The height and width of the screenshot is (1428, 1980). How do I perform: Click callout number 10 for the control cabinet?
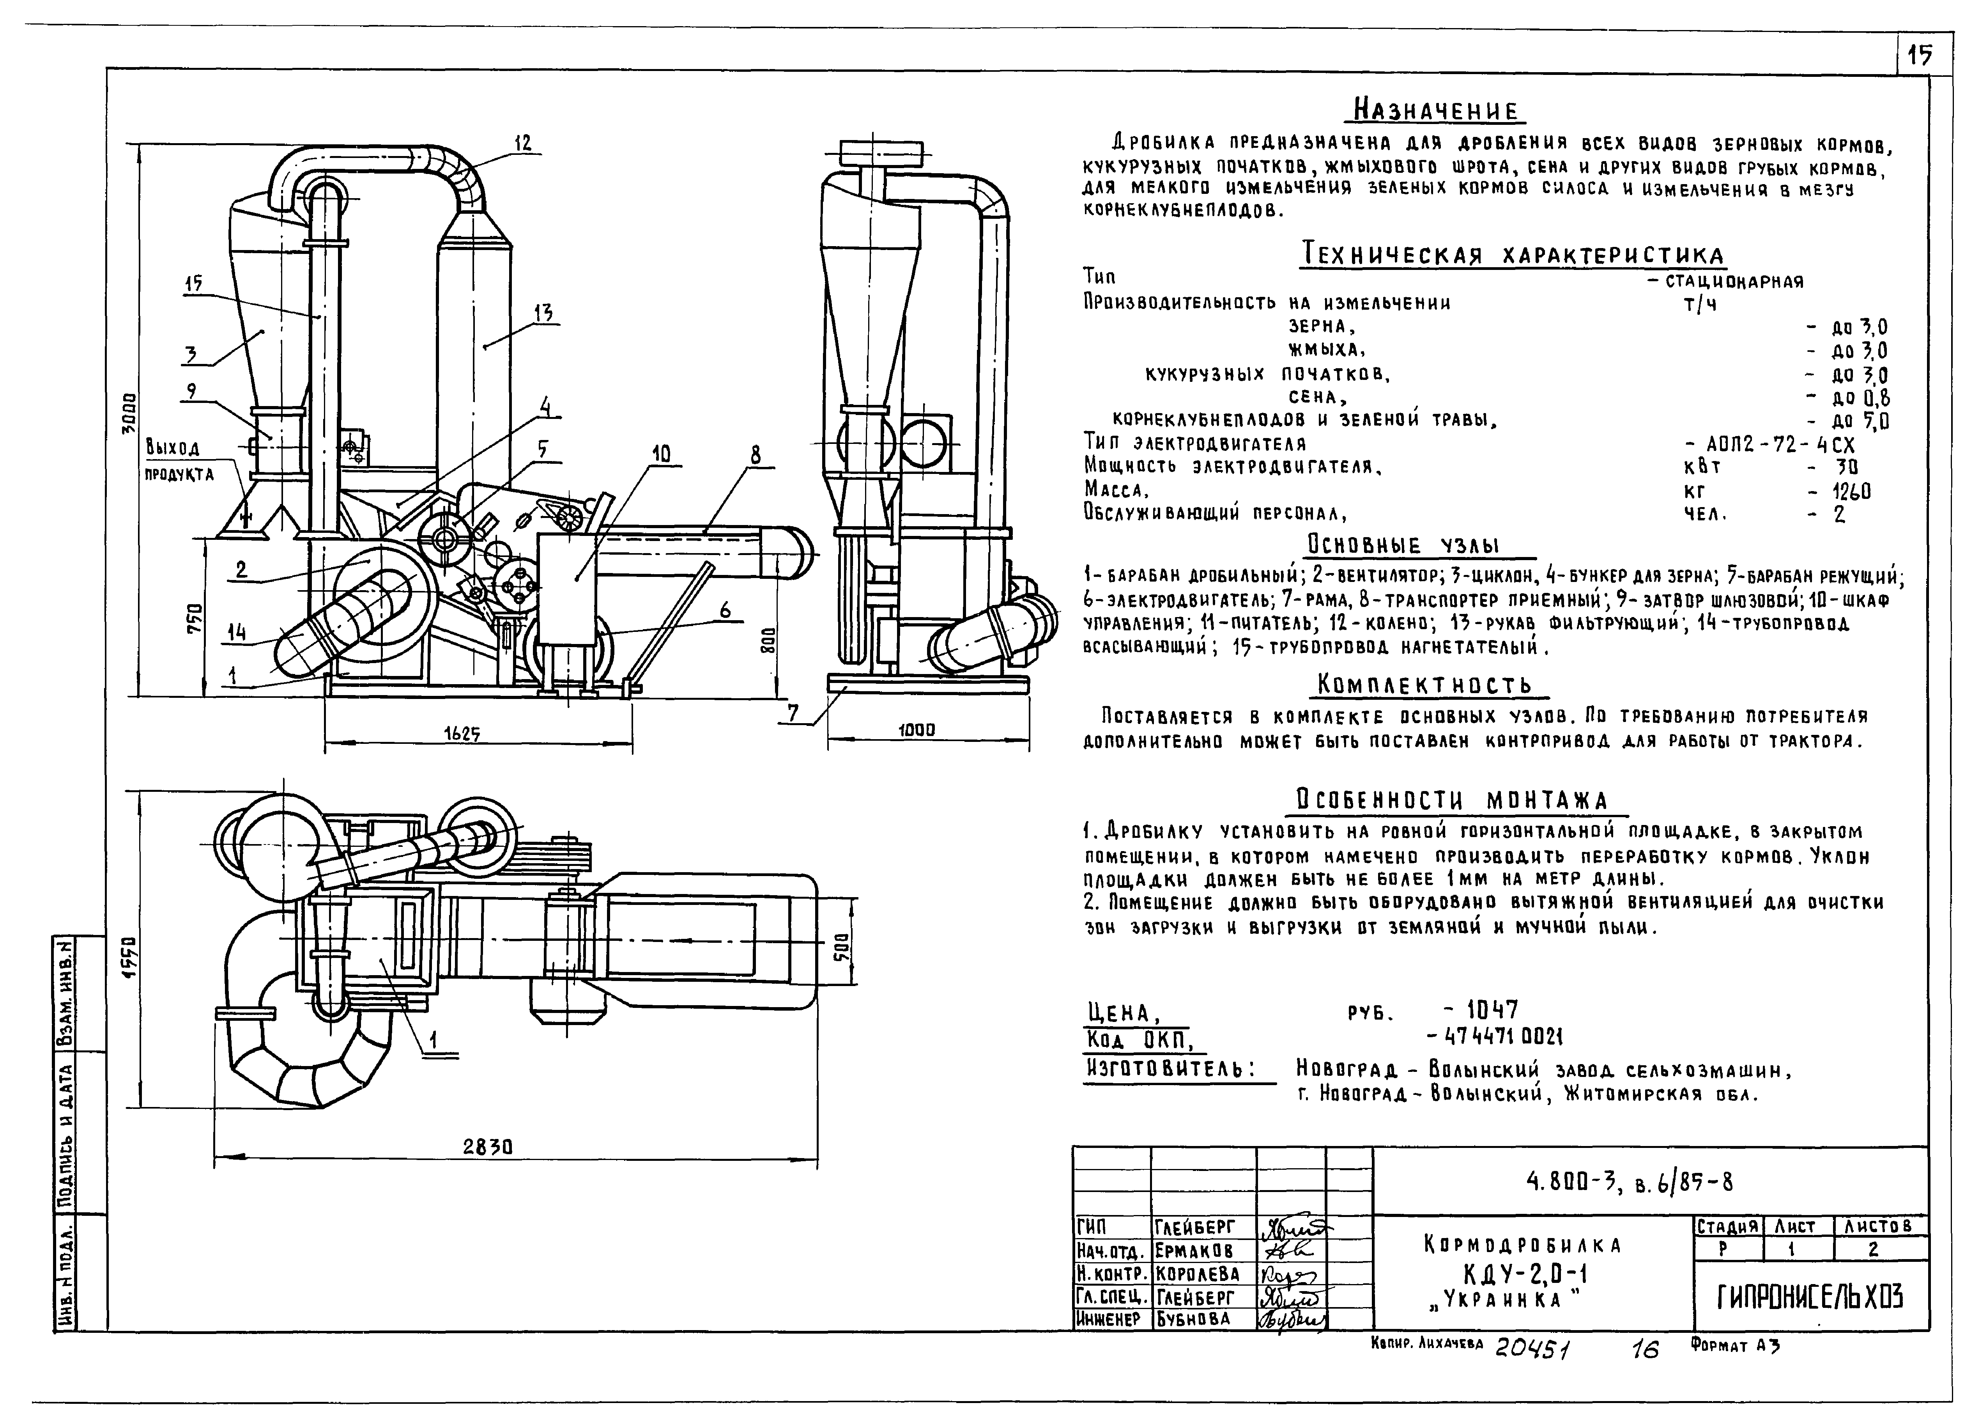coord(661,453)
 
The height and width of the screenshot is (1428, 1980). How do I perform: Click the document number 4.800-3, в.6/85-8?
coord(1629,1183)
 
